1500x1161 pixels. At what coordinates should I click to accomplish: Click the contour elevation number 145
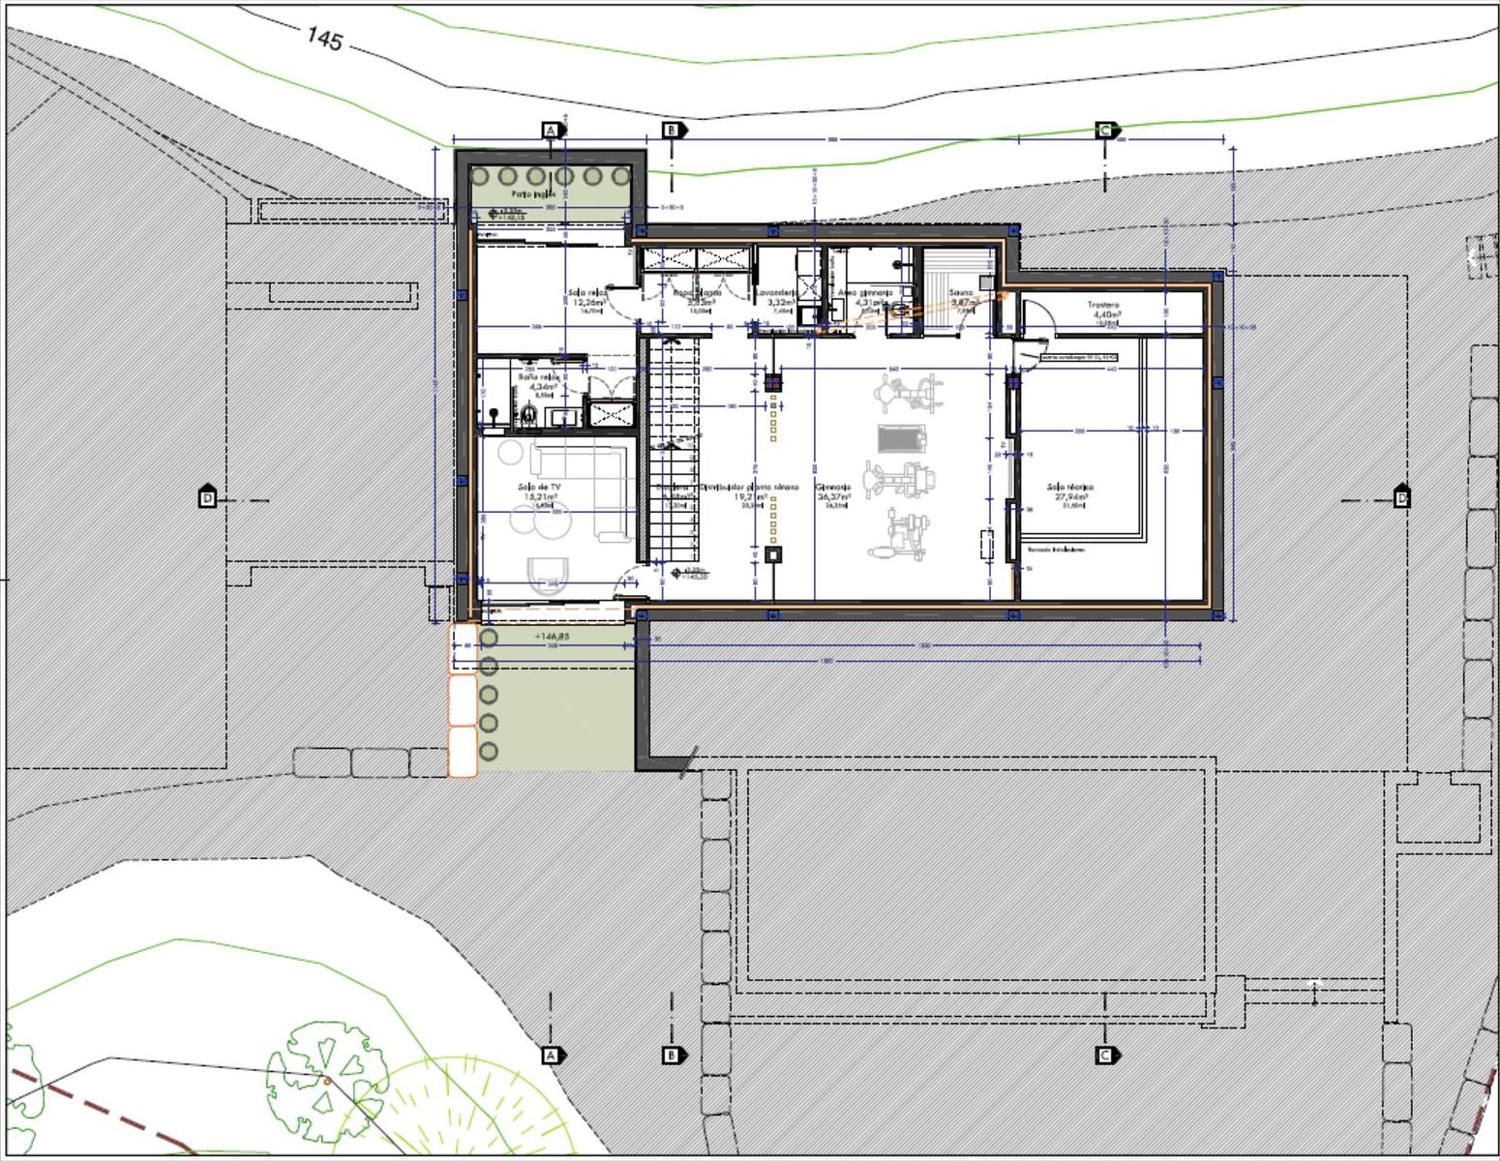pyautogui.click(x=325, y=38)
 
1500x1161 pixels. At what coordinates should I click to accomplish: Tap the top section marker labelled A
pyautogui.click(x=551, y=131)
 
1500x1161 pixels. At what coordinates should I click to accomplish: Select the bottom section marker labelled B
pyautogui.click(x=673, y=1055)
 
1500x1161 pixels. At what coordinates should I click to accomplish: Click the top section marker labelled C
pyautogui.click(x=1105, y=131)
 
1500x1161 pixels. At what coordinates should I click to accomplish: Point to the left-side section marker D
pyautogui.click(x=207, y=498)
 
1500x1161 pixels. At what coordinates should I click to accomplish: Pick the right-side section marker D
pyautogui.click(x=1401, y=498)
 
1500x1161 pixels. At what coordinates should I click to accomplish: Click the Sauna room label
pyautogui.click(x=961, y=292)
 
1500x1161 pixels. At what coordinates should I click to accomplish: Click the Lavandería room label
pyautogui.click(x=777, y=292)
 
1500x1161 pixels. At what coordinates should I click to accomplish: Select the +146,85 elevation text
pyautogui.click(x=552, y=637)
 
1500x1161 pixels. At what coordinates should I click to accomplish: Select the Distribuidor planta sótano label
pyautogui.click(x=749, y=488)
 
